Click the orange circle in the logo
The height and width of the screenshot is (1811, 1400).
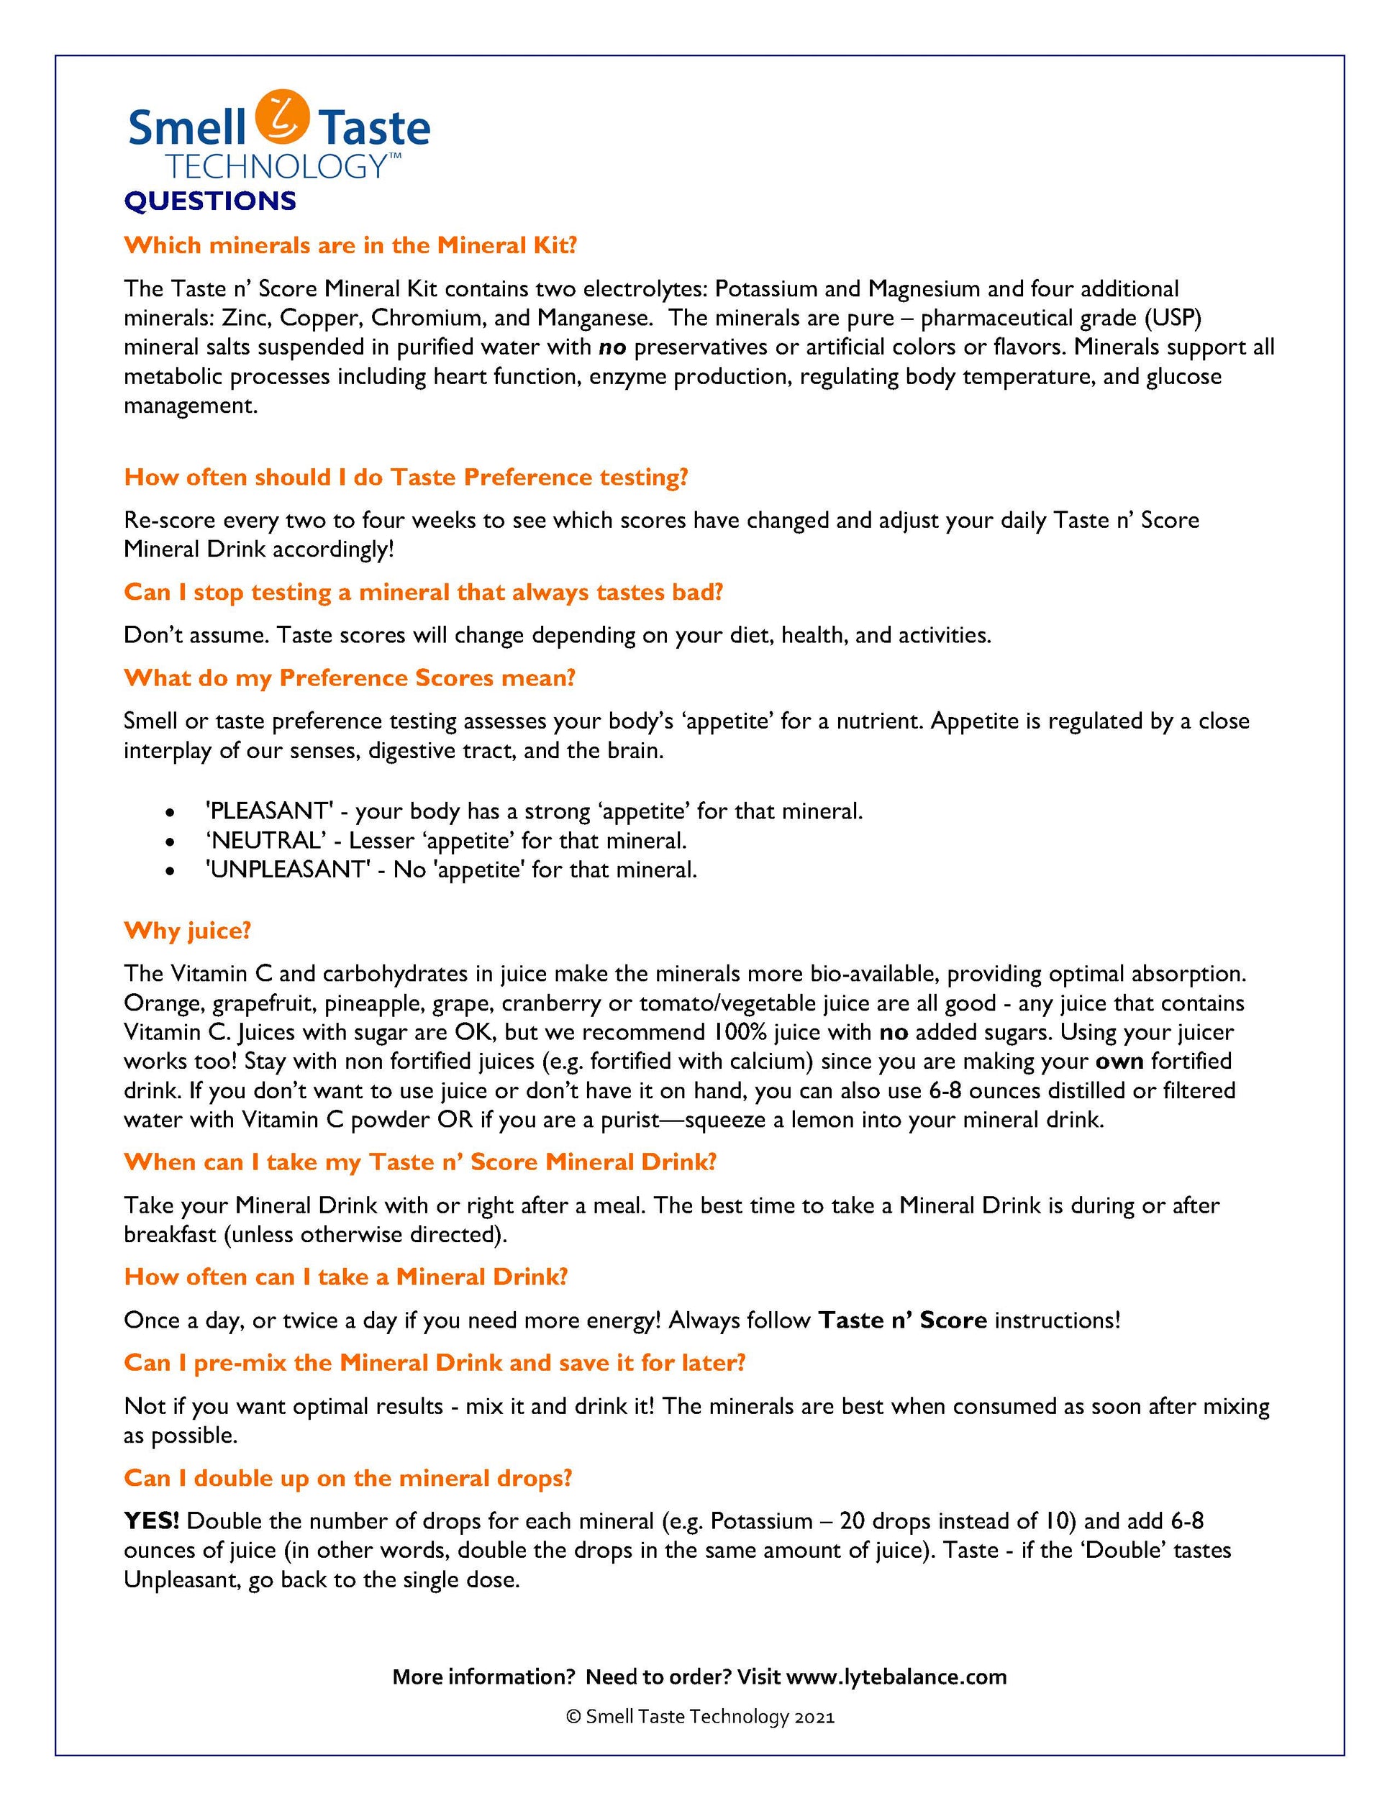[x=282, y=116]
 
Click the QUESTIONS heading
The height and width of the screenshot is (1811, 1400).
[x=210, y=201]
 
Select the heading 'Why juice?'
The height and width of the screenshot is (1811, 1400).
[x=188, y=931]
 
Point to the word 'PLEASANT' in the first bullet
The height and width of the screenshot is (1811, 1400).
[x=270, y=811]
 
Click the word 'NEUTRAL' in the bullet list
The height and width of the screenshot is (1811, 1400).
[x=265, y=841]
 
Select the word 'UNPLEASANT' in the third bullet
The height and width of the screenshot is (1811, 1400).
[x=287, y=870]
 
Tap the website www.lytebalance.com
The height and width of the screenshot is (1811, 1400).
[x=896, y=1677]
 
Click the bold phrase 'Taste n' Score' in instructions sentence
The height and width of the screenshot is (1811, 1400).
[x=902, y=1320]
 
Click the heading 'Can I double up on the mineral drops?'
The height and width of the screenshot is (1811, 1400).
[x=348, y=1479]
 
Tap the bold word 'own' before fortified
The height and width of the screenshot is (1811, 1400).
[x=1119, y=1062]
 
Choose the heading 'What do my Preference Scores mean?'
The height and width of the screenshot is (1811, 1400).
[x=349, y=678]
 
